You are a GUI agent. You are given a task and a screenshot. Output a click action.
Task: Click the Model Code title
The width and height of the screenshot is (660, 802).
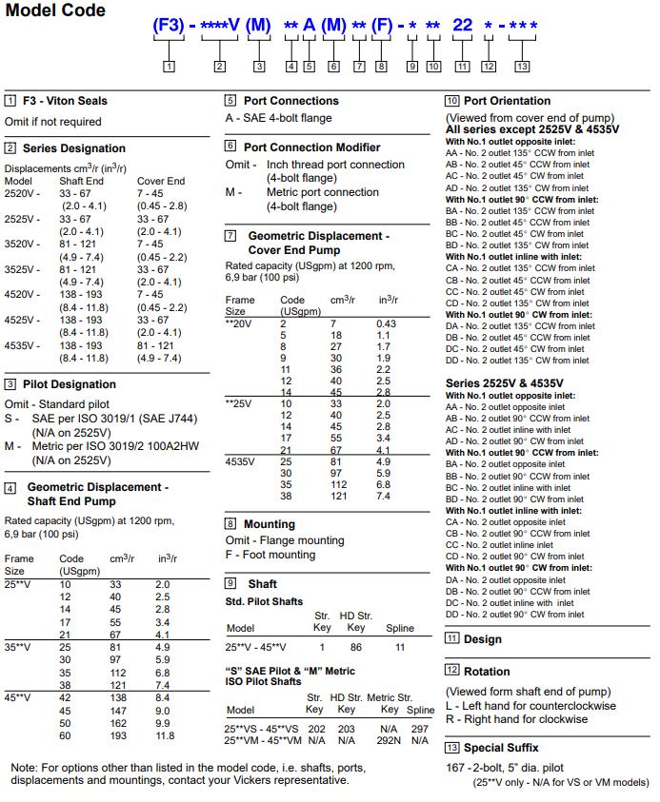[55, 11]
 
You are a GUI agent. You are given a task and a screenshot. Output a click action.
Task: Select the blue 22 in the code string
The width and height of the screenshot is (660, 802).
[462, 26]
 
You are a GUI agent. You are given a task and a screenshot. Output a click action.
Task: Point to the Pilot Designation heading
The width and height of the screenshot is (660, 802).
[69, 384]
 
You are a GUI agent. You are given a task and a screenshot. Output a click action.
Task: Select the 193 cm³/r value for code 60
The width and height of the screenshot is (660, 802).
[119, 735]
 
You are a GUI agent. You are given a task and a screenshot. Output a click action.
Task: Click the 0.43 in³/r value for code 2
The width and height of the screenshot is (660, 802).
[386, 324]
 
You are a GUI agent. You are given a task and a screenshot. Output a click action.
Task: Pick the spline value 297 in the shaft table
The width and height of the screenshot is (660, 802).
[420, 728]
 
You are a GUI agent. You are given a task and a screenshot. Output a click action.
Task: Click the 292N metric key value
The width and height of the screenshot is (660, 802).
[390, 740]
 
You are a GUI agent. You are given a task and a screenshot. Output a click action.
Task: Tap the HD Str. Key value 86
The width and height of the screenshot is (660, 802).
[356, 647]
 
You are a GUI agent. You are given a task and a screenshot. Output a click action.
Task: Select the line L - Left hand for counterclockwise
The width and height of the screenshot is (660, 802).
[530, 706]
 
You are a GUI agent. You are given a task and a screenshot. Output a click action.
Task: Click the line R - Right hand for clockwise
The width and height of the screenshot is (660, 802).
[516, 720]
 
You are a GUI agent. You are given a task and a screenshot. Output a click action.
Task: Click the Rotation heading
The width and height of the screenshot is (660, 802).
[487, 672]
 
